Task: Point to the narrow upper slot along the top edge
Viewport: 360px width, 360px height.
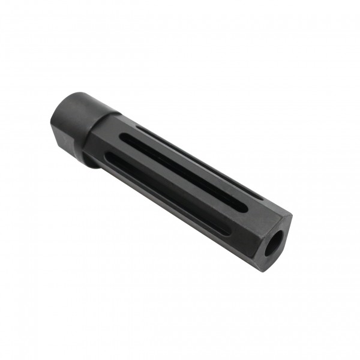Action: point(198,160)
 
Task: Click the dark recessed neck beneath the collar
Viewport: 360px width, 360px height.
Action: point(90,160)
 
